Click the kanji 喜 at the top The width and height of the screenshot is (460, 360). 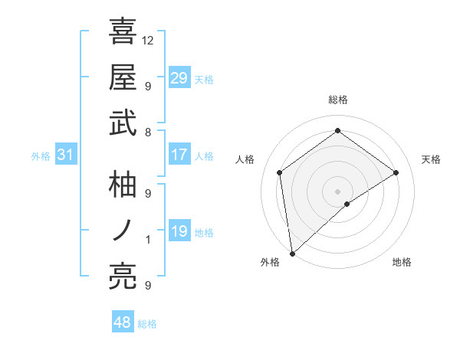[x=123, y=31]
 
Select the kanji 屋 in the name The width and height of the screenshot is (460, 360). [x=123, y=77]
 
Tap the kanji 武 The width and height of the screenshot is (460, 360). [x=123, y=124]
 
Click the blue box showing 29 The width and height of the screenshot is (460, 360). [x=179, y=78]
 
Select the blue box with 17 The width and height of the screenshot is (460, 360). [x=179, y=155]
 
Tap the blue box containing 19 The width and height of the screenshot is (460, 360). [x=179, y=232]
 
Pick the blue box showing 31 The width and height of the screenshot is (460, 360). [x=66, y=155]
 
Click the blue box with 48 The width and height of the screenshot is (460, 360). [x=123, y=322]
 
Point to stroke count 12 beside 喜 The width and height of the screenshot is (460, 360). [x=148, y=40]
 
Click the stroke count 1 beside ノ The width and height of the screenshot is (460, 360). [x=148, y=240]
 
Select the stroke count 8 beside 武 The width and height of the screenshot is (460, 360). [x=148, y=133]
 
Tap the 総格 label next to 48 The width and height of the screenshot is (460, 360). [x=147, y=324]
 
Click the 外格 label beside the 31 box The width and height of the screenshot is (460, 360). [x=41, y=156]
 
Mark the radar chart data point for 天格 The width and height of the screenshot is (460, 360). [x=396, y=172]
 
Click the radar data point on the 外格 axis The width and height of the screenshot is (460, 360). [x=291, y=254]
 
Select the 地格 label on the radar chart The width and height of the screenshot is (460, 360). [x=402, y=263]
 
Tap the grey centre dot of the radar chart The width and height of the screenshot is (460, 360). [x=338, y=190]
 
